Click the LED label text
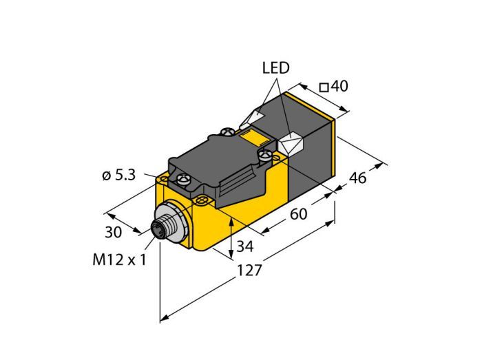click(275, 68)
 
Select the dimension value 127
click(249, 271)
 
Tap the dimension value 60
click(298, 214)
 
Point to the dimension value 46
click(358, 178)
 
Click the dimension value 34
click(245, 246)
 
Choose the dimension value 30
click(113, 232)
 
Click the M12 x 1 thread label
click(119, 260)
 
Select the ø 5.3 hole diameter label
click(118, 176)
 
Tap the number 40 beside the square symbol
click(339, 86)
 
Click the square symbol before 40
click(324, 88)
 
